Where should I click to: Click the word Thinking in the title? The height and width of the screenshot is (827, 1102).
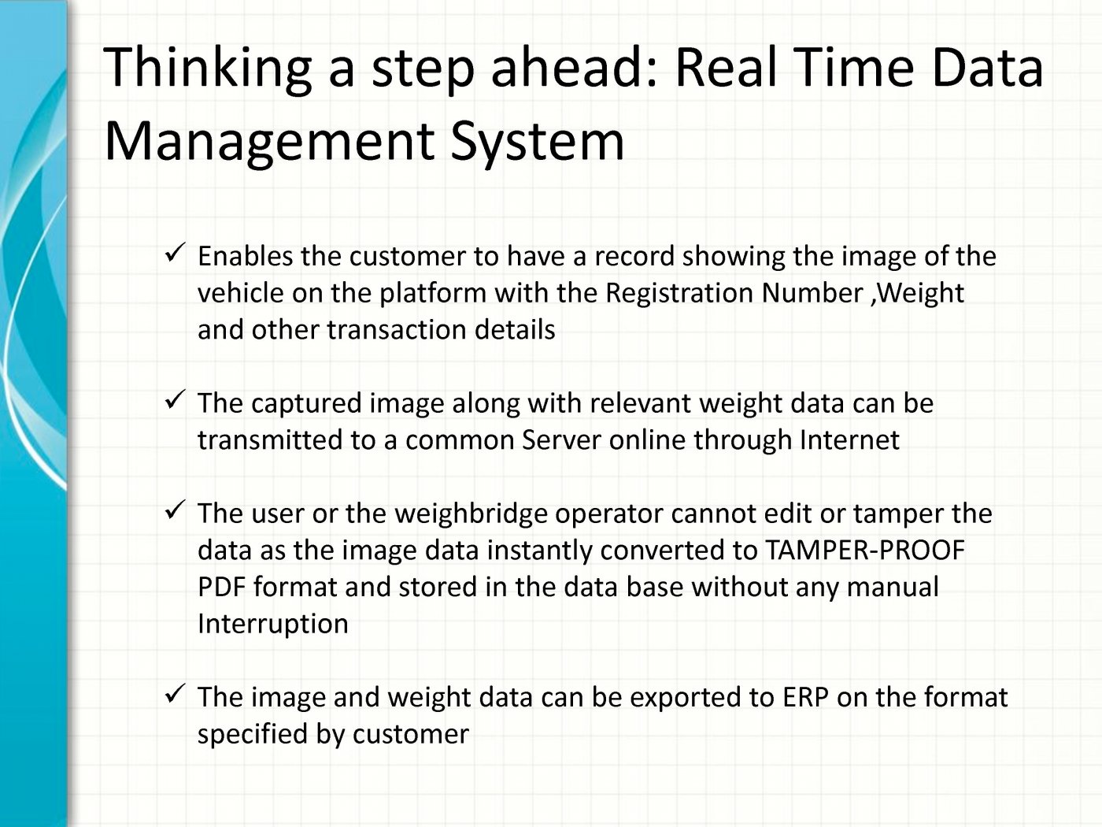207,69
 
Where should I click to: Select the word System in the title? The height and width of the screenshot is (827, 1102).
537,142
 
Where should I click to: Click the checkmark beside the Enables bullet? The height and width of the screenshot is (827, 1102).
175,252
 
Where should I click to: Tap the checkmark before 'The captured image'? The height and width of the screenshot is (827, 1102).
175,399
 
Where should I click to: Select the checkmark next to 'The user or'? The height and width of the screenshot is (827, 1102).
175,510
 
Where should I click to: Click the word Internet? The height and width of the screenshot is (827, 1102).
849,439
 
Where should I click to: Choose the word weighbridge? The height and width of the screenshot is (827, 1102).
471,514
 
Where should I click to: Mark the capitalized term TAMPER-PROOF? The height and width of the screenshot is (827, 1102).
865,550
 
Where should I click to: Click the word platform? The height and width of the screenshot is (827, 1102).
433,294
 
